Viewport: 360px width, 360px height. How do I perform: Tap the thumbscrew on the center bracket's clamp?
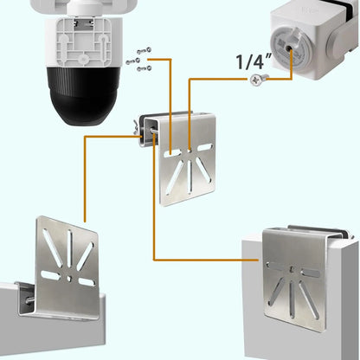[141, 129]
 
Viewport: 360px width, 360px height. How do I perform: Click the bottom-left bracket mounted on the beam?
[67, 265]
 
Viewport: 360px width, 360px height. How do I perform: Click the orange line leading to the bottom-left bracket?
[84, 173]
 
